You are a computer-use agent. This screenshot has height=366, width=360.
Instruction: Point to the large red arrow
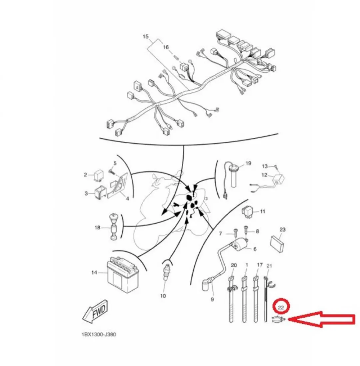(322, 319)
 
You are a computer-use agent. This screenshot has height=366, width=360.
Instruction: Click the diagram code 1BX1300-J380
(99, 335)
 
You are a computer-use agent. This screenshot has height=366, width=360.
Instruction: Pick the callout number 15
(145, 37)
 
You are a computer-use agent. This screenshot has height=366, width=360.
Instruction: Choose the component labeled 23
(277, 243)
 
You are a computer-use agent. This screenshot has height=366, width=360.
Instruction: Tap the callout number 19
(248, 163)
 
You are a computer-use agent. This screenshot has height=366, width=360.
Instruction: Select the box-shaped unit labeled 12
(278, 179)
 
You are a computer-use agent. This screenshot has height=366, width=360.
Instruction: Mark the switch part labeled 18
(114, 226)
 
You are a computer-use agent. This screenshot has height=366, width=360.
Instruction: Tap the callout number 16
(166, 47)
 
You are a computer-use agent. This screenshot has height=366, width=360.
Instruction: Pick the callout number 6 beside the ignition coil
(255, 249)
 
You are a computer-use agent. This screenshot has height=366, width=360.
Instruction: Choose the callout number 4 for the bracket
(127, 199)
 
